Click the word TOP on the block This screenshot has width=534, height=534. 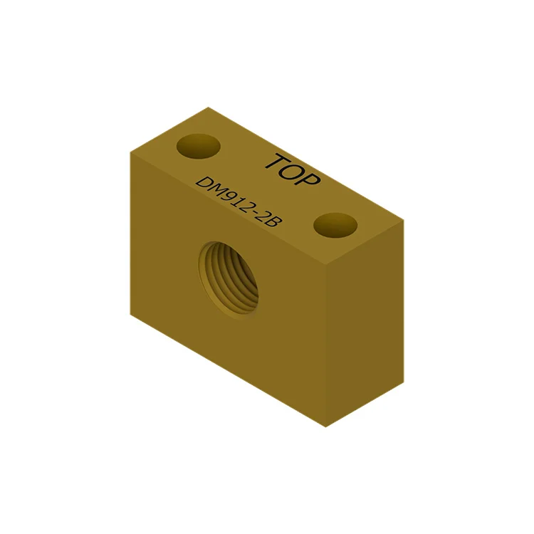[x=293, y=170]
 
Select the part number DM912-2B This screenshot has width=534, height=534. [x=239, y=203]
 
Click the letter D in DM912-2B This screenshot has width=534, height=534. [x=204, y=183]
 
